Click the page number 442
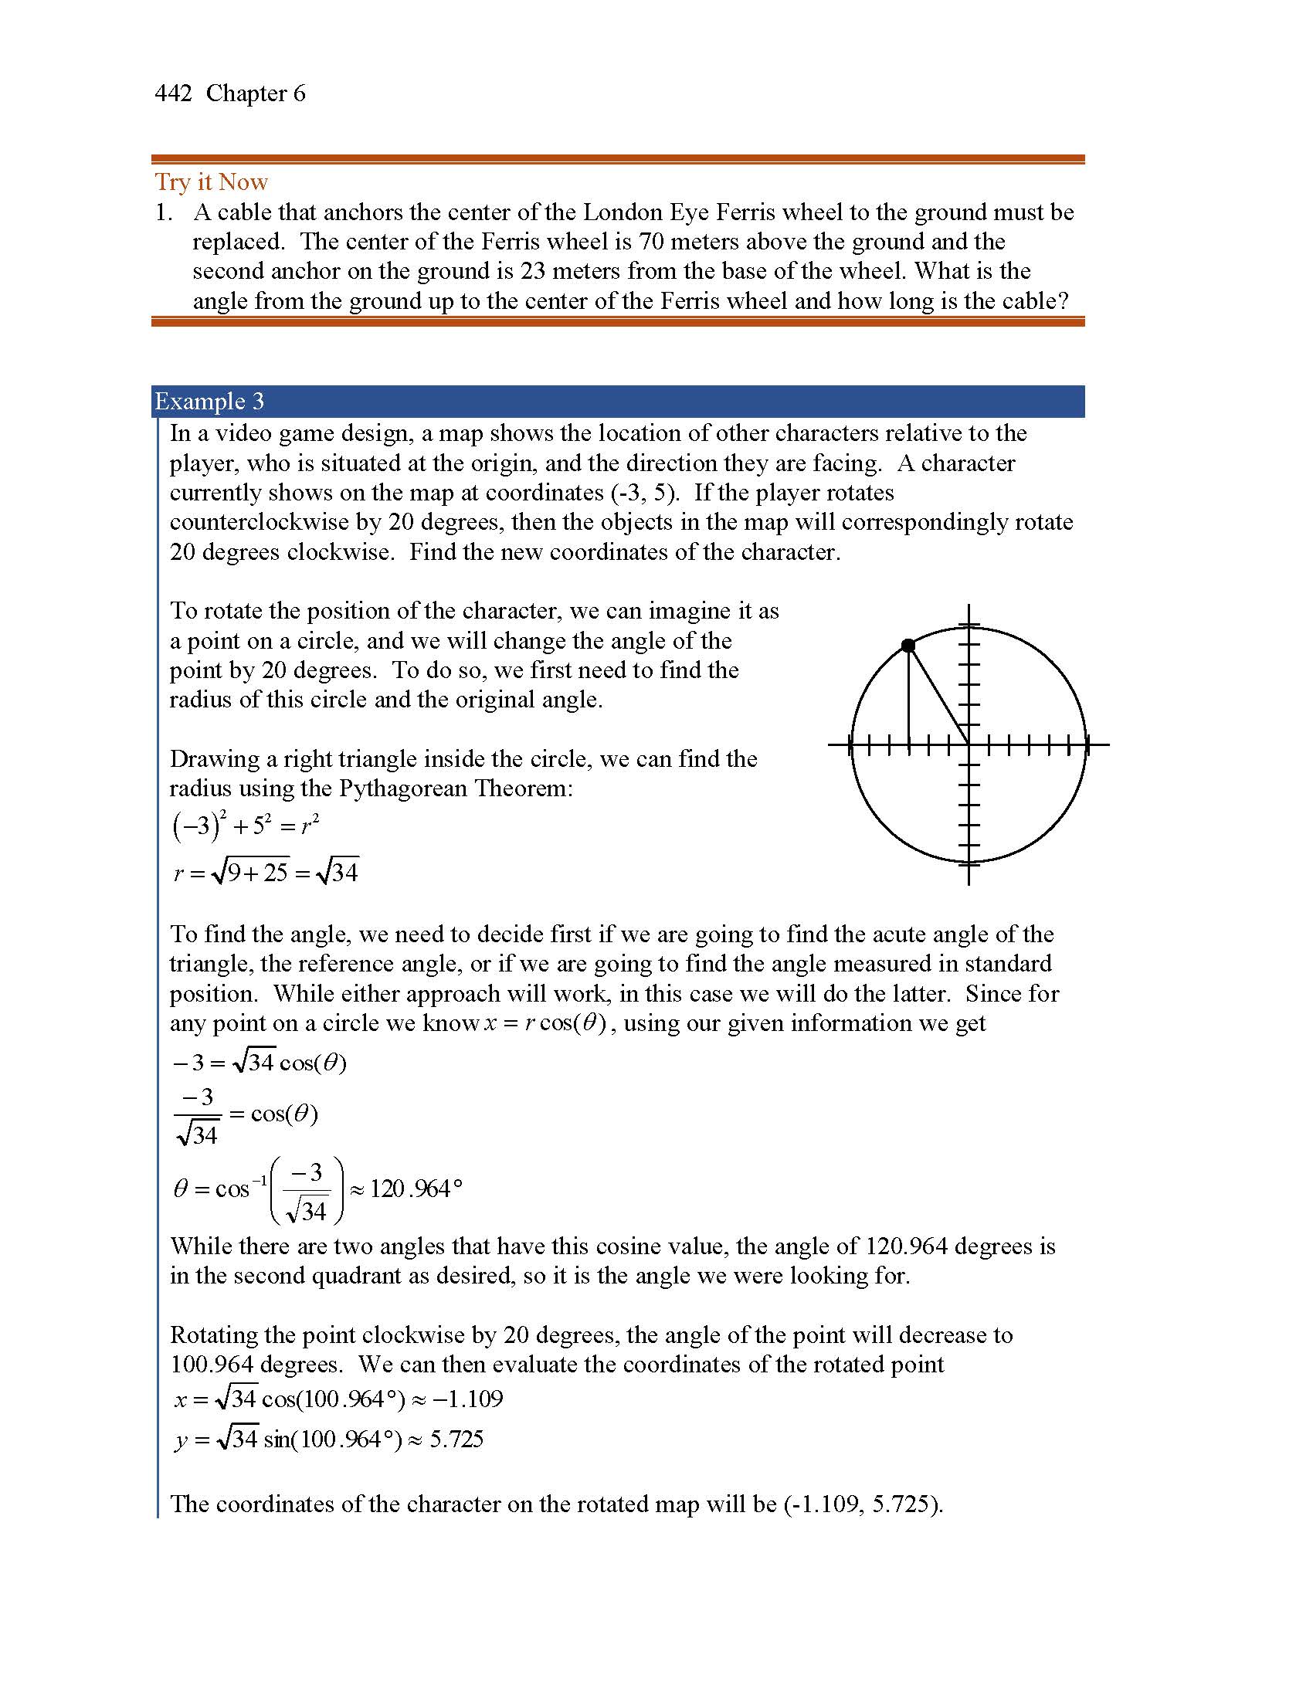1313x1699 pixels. pos(173,93)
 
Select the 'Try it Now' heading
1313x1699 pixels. pos(211,182)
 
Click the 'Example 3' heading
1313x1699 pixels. pos(209,402)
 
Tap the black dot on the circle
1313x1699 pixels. pos(908,646)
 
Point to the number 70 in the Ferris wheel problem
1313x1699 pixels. pos(651,242)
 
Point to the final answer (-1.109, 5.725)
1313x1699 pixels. pos(863,1504)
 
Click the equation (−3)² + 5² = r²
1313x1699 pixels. pos(245,825)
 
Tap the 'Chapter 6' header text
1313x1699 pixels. pos(255,93)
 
